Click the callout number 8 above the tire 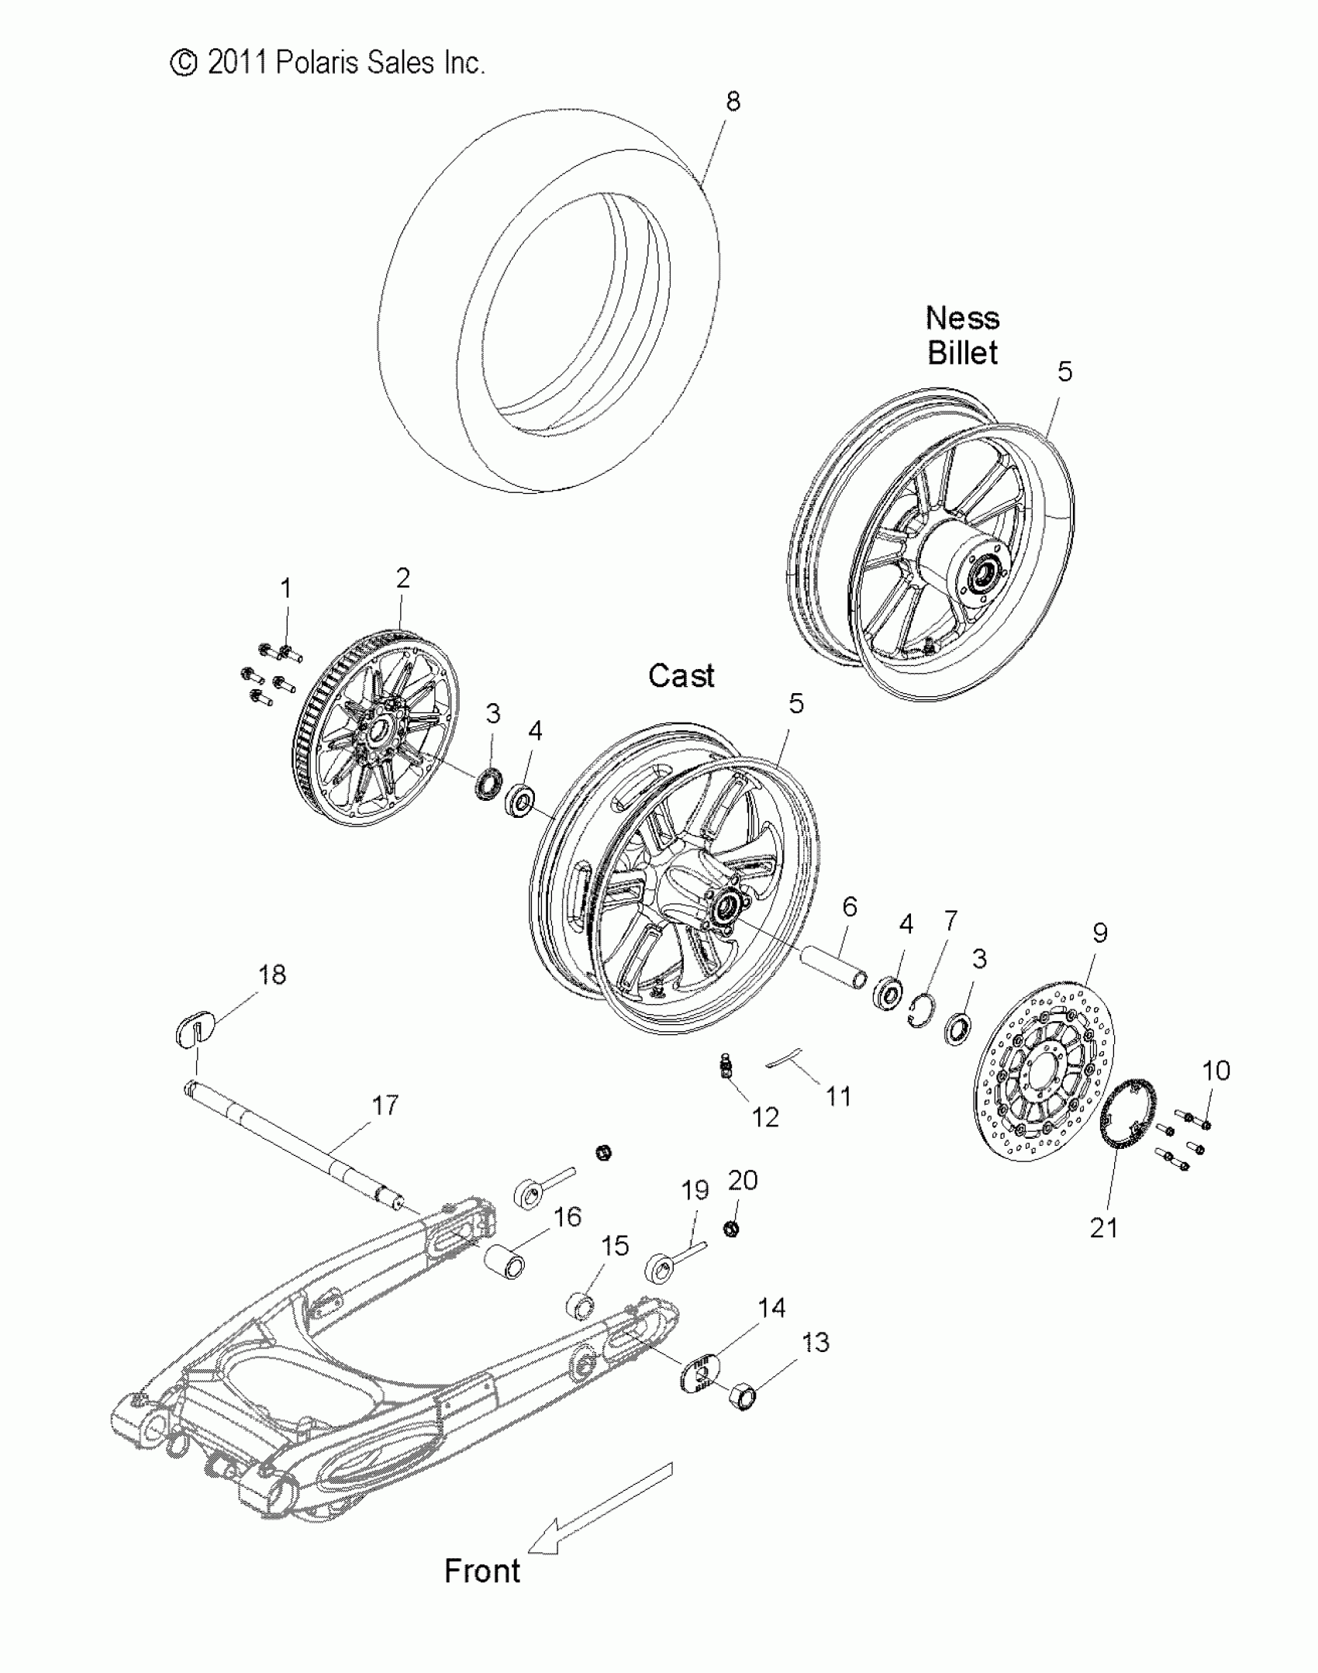tap(733, 102)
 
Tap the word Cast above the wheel tap(681, 676)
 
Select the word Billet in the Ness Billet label tap(962, 353)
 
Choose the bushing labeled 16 tap(505, 1263)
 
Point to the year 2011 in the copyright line tap(237, 63)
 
